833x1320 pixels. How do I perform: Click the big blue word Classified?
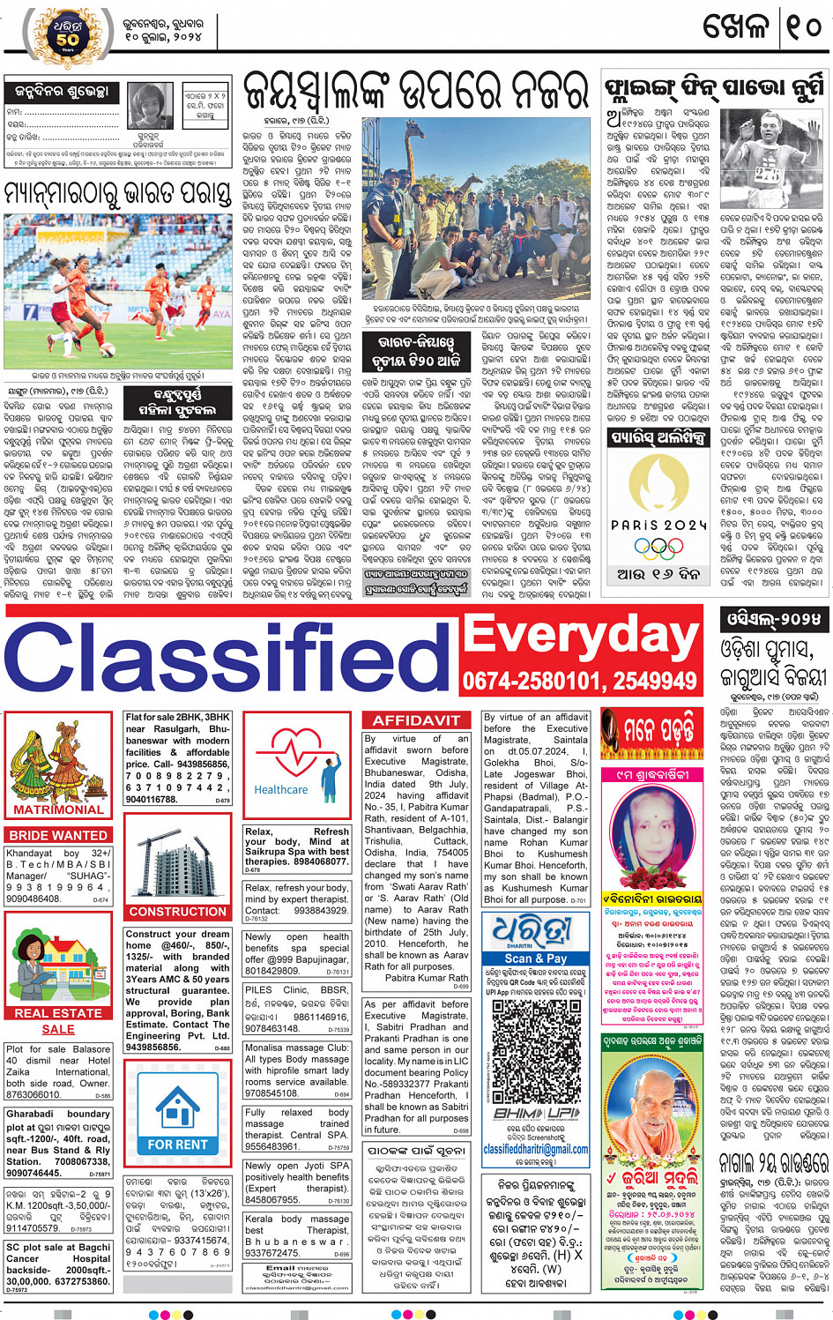point(229,657)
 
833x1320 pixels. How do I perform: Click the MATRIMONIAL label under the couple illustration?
point(58,809)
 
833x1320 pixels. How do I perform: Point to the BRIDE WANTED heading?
point(58,835)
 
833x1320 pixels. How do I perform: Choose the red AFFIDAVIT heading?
point(416,720)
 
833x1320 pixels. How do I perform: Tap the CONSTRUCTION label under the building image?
point(177,912)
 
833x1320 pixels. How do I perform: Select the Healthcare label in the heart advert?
point(280,790)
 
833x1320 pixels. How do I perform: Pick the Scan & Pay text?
point(535,958)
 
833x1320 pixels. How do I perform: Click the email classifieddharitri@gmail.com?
point(535,1149)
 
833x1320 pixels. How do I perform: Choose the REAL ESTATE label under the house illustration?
point(58,1013)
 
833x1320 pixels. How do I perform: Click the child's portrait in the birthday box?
point(151,105)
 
